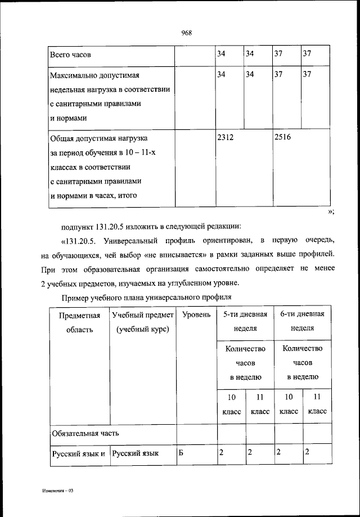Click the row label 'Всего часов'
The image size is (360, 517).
point(70,56)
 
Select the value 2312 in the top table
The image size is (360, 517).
point(226,137)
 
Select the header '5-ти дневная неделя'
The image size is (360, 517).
point(245,321)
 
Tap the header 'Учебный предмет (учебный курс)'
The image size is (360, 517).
point(143,322)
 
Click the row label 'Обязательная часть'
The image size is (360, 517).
point(85,433)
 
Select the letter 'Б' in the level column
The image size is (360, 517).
point(181,452)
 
